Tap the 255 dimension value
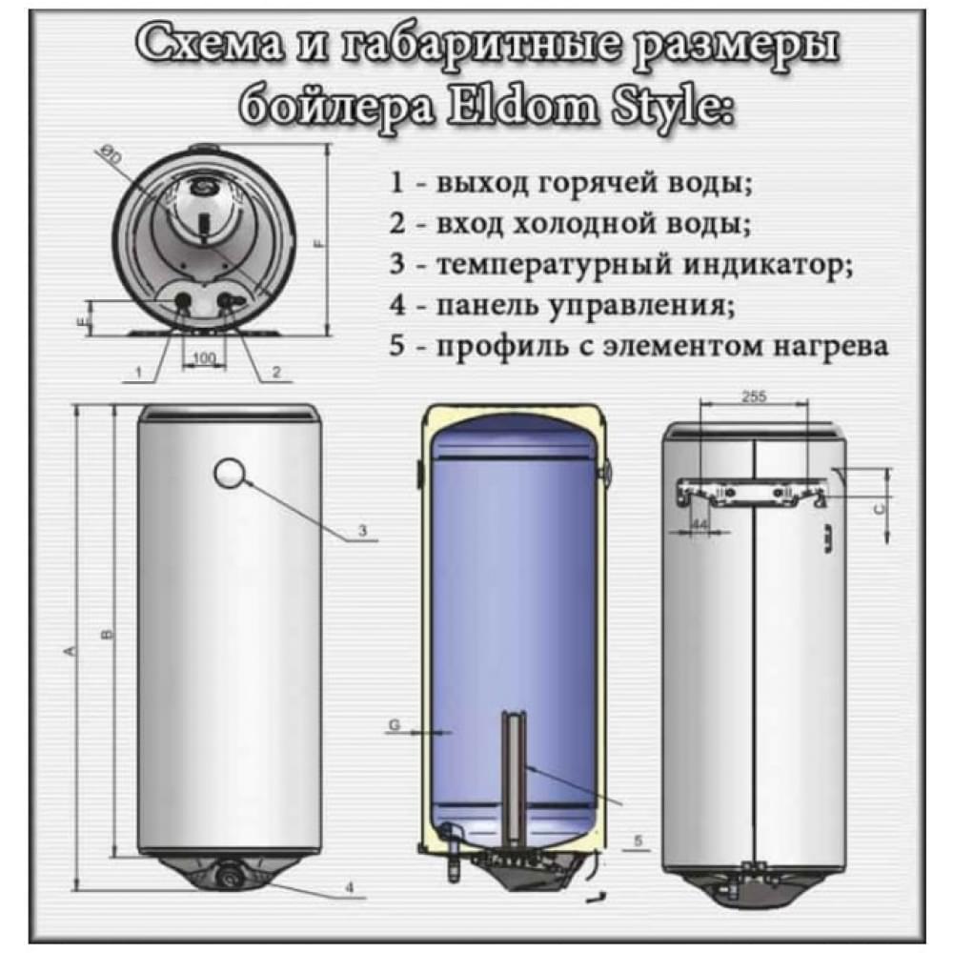coord(753,396)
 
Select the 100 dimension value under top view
coord(203,357)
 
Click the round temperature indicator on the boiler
coord(232,472)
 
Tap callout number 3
coord(363,530)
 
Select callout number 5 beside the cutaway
coord(637,840)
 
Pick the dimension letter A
coord(68,652)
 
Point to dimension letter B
coord(107,634)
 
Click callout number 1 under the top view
coord(140,374)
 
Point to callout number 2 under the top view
coord(275,373)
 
